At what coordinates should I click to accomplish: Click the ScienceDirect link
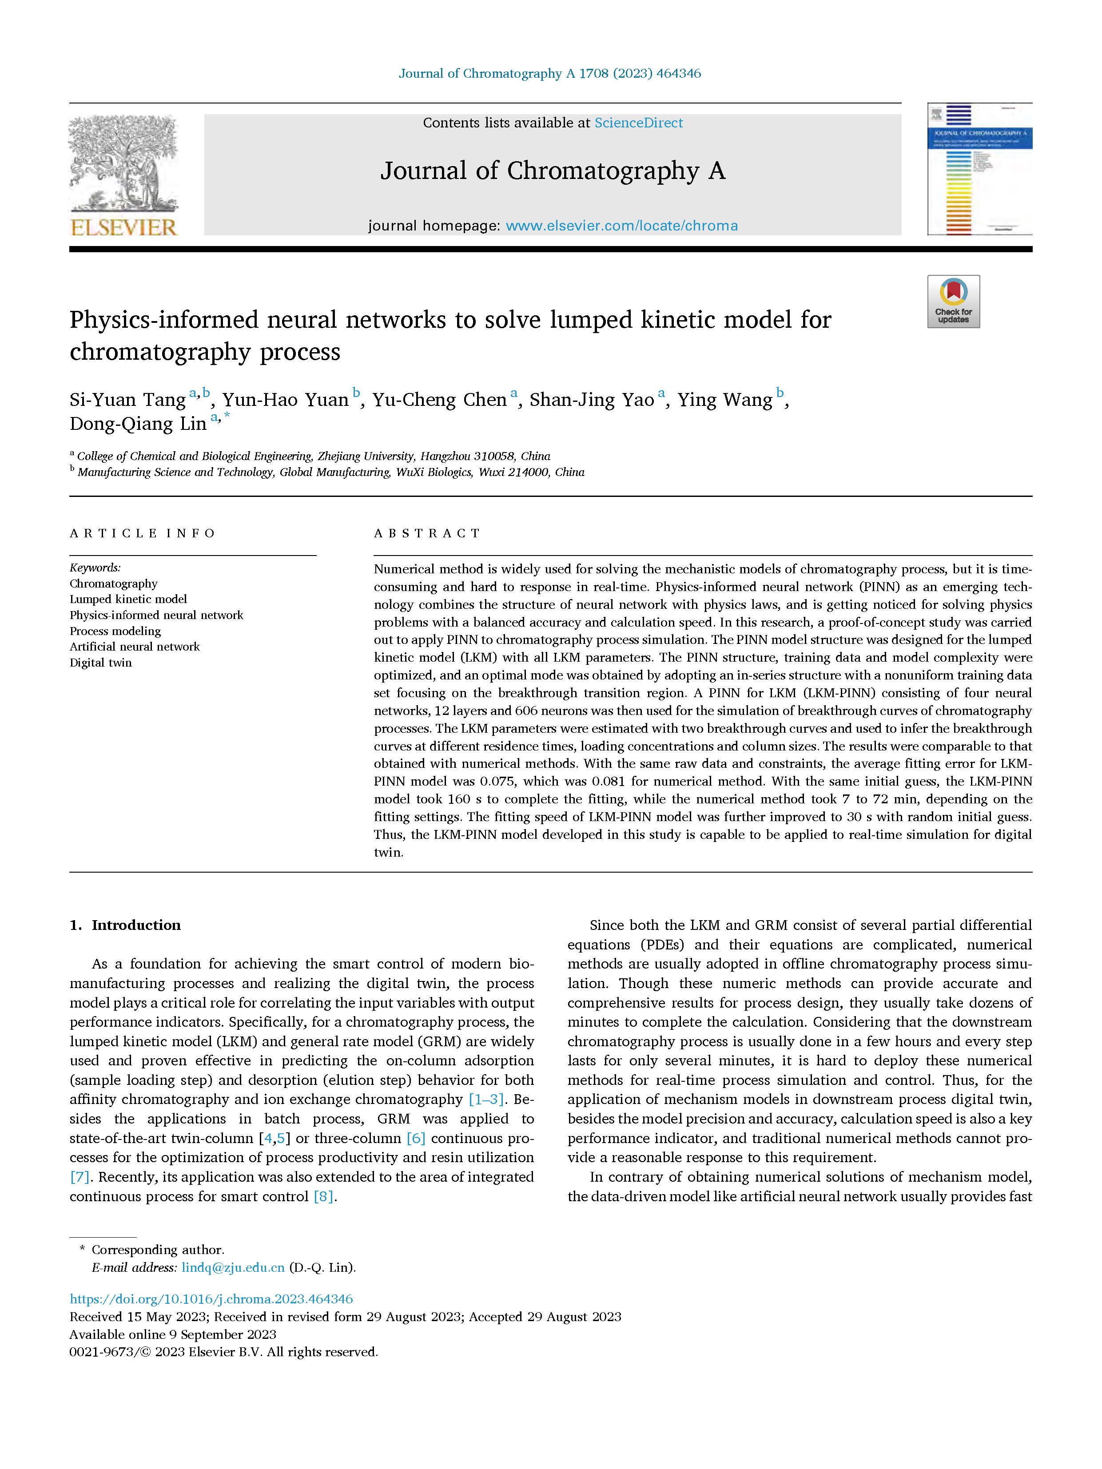638,123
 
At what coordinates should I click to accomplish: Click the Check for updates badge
953,302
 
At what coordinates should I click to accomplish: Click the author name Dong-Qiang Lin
138,424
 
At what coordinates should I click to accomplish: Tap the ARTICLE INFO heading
142,533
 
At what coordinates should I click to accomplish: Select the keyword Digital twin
101,663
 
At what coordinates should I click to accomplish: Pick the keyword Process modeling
115,631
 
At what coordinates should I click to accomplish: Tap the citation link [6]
416,1138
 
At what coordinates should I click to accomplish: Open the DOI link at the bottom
211,1299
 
